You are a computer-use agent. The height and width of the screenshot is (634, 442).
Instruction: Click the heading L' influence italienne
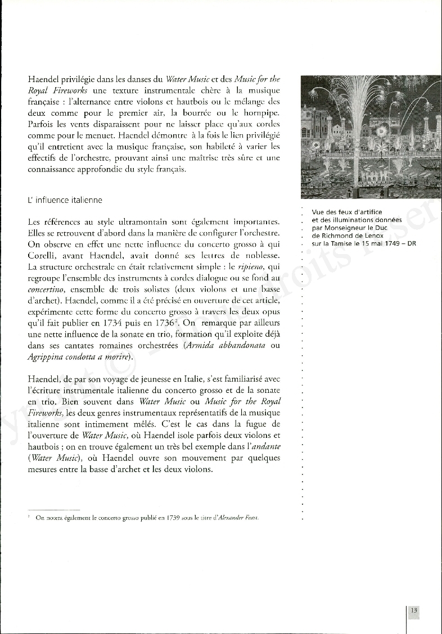(x=65, y=200)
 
